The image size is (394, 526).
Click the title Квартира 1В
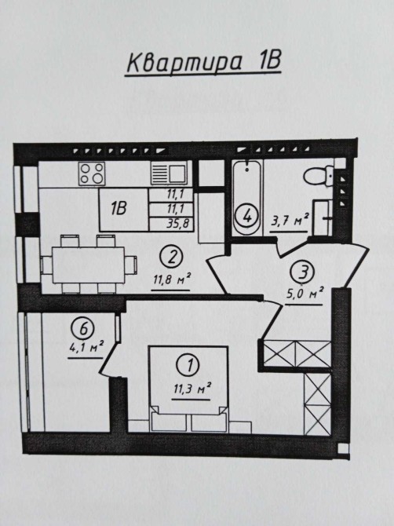[203, 63]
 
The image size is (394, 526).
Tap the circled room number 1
[189, 365]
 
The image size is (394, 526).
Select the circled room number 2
[172, 258]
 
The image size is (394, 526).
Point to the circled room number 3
[304, 272]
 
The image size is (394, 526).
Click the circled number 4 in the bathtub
[247, 217]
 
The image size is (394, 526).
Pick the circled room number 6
[83, 327]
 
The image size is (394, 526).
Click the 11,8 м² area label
[172, 279]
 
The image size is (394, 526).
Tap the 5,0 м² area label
[305, 294]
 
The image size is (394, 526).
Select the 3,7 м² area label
[290, 221]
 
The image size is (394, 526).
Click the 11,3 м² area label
[192, 389]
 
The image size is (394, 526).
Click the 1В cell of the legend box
[119, 209]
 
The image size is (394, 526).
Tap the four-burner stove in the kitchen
[92, 174]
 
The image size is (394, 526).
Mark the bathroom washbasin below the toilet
[323, 217]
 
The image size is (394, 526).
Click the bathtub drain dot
[247, 170]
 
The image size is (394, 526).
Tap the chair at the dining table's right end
[131, 265]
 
